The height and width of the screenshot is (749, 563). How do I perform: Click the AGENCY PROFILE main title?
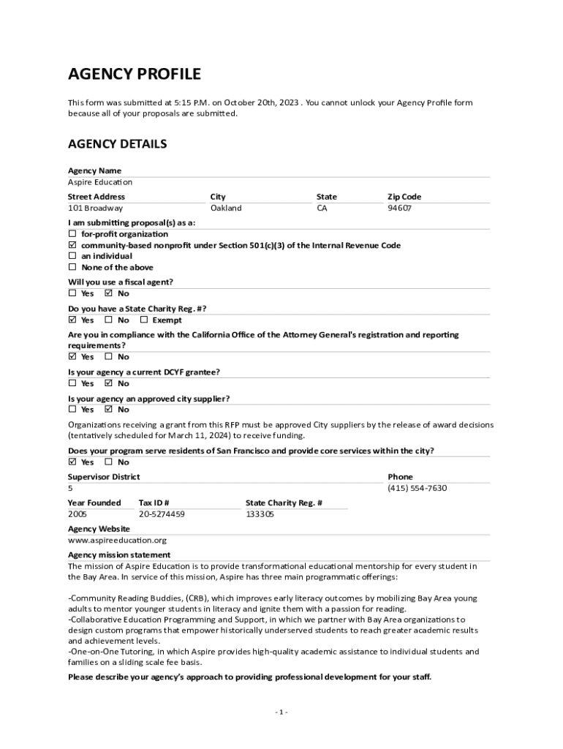[134, 74]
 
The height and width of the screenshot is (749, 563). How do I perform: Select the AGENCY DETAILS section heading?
[117, 144]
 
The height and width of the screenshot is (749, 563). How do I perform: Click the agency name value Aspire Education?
[100, 182]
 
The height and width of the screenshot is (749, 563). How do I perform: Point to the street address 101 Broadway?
[95, 208]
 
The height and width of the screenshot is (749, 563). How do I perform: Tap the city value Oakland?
[225, 208]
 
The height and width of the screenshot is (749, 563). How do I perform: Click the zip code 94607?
[399, 208]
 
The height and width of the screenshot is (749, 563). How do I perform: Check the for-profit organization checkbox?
[72, 234]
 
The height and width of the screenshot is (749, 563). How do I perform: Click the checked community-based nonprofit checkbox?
[72, 245]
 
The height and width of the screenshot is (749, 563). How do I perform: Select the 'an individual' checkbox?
[72, 256]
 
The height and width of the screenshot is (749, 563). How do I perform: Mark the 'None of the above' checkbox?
[72, 267]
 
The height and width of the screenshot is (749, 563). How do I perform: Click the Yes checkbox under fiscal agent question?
[72, 293]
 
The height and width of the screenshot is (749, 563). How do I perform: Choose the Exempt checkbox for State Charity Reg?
[144, 320]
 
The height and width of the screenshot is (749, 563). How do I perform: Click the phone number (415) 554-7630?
[417, 489]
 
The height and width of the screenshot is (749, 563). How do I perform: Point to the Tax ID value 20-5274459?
[162, 514]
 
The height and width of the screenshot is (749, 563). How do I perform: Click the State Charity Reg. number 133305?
[260, 514]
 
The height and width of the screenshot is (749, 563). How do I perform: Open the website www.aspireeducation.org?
[117, 541]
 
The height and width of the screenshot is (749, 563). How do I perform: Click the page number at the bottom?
[281, 712]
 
